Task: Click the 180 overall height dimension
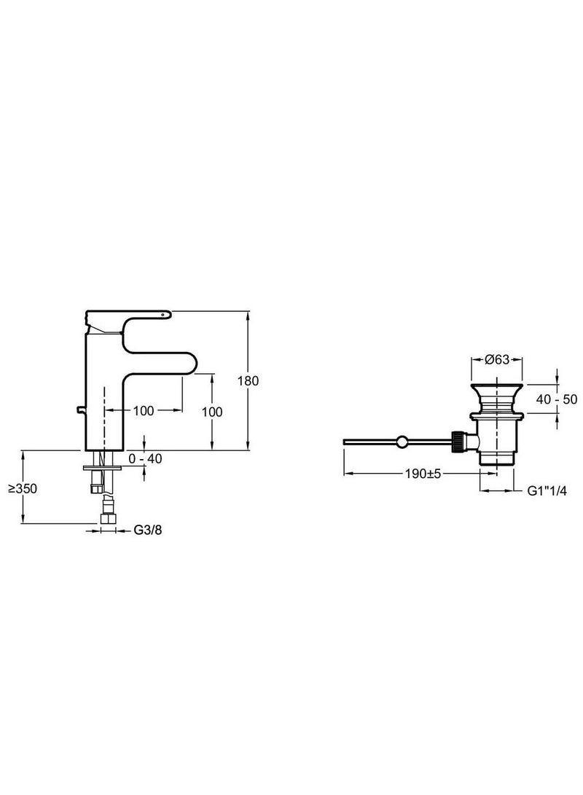pyautogui.click(x=252, y=380)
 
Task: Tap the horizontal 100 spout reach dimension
pyautogui.click(x=144, y=411)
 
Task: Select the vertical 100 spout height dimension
pyautogui.click(x=213, y=411)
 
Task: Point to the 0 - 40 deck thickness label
pyautogui.click(x=145, y=458)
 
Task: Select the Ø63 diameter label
pyautogui.click(x=496, y=359)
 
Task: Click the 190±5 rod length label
pyautogui.click(x=424, y=474)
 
